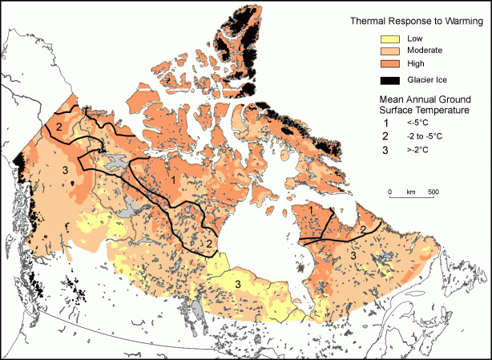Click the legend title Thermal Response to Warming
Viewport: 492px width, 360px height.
(410, 22)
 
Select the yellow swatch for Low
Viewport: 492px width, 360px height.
(388, 38)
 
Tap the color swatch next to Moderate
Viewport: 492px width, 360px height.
(388, 50)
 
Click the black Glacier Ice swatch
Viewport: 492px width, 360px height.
(388, 79)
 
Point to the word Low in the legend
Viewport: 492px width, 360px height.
(417, 38)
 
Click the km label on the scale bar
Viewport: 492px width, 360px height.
(411, 192)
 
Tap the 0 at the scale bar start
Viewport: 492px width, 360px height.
(389, 192)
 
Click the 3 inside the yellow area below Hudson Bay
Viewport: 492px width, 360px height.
(238, 285)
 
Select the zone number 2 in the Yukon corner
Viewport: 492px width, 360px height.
(58, 127)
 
